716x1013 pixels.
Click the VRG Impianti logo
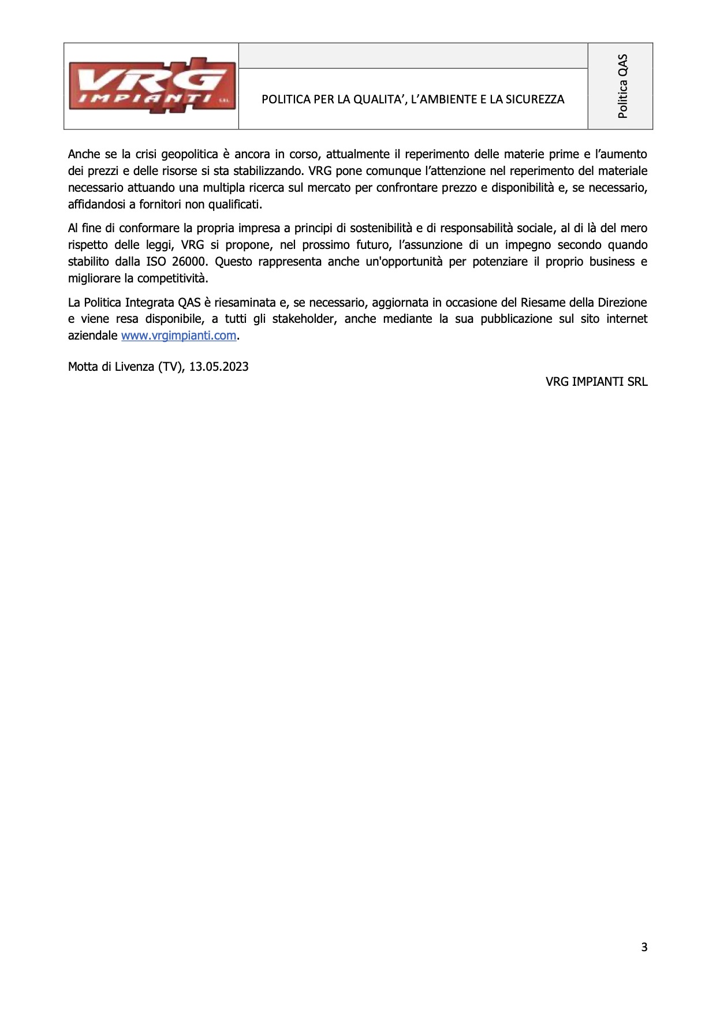pyautogui.click(x=151, y=86)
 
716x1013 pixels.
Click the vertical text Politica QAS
pyautogui.click(x=622, y=86)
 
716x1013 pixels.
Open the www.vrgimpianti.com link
pyautogui.click(x=178, y=336)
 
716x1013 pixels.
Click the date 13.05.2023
pyautogui.click(x=219, y=367)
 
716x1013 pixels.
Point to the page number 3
pyautogui.click(x=644, y=947)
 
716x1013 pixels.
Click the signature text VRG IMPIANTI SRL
pyautogui.click(x=596, y=382)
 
